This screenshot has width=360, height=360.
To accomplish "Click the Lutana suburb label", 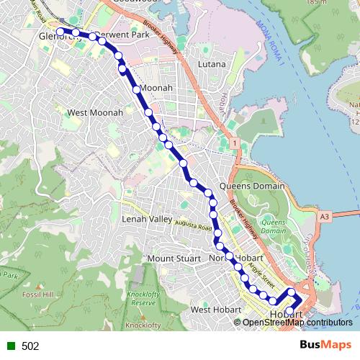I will [x=212, y=64].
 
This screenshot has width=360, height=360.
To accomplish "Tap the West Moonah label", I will [x=95, y=113].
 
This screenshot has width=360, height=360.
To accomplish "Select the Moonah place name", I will [x=157, y=88].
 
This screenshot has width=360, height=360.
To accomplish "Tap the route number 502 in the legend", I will [x=30, y=346].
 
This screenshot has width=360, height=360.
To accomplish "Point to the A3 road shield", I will [x=325, y=215].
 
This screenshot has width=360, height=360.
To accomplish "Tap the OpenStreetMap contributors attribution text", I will [x=297, y=323].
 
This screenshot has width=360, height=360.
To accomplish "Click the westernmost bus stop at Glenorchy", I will [x=61, y=31].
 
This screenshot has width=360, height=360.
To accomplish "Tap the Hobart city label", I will [x=286, y=315].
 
